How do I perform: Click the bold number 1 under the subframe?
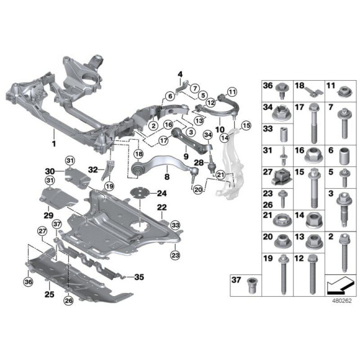(54, 143)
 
